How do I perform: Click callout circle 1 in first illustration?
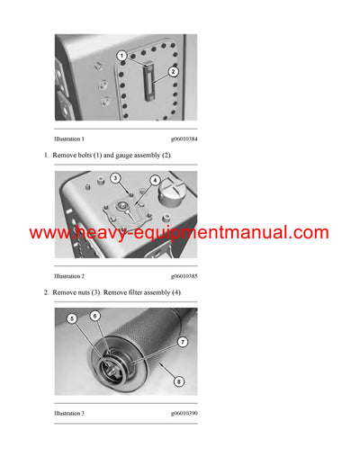121,56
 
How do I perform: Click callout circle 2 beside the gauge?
173,71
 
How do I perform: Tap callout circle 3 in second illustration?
116,180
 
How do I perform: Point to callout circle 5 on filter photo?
72,318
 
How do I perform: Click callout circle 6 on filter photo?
95,317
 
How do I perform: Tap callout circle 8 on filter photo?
179,381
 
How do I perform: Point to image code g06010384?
184,139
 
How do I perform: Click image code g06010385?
184,276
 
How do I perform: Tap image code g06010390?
184,413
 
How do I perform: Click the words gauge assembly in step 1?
144,156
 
